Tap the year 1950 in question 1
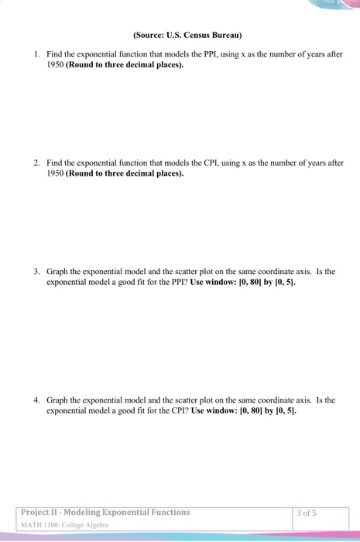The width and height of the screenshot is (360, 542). (55, 65)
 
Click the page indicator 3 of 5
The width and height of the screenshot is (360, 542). (307, 512)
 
